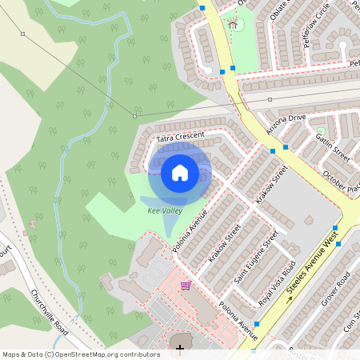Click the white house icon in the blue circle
[180, 172]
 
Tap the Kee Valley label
[166, 210]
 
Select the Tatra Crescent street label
[181, 138]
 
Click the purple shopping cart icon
[186, 286]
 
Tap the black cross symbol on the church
[180, 348]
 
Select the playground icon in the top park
[233, 24]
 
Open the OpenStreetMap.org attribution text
[81, 354]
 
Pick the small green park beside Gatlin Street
[321, 130]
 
